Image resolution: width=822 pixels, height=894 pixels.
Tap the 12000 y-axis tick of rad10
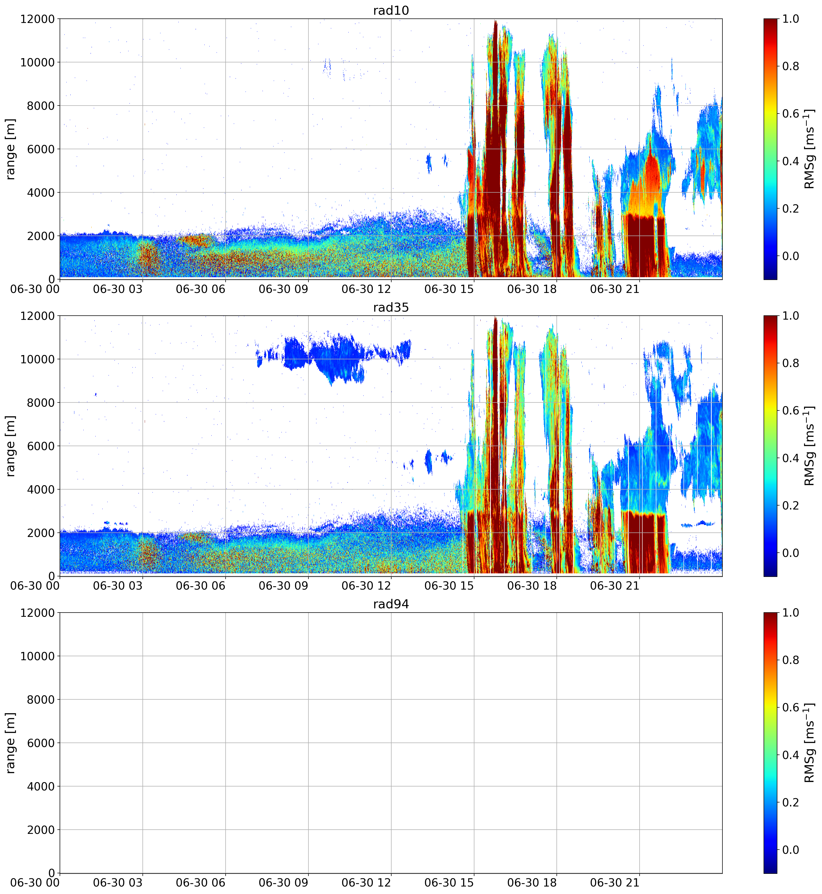click(37, 19)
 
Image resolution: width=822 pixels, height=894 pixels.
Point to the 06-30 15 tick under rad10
click(449, 289)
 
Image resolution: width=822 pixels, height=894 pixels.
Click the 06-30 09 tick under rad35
click(283, 586)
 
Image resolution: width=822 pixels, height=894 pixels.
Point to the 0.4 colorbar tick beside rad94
click(790, 755)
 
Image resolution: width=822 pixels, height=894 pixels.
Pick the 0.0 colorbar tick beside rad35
click(790, 553)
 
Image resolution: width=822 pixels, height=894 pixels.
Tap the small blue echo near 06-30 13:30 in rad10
click(429, 163)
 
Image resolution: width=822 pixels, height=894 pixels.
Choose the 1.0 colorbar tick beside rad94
click(790, 613)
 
